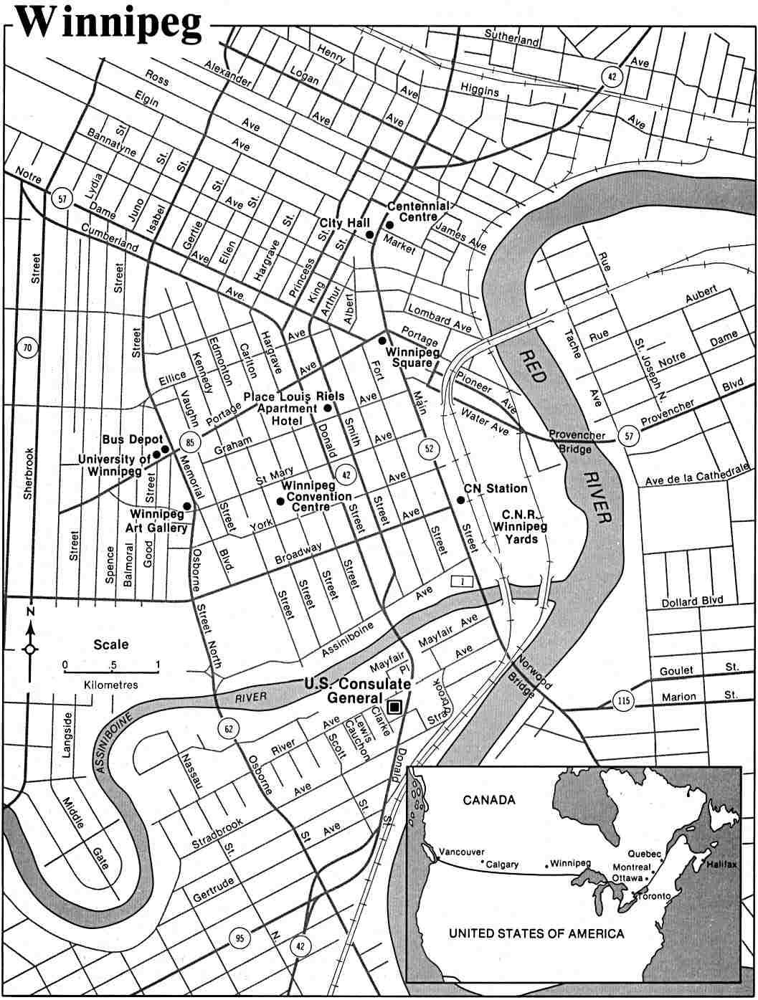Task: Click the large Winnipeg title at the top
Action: (x=109, y=23)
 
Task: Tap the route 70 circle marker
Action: (x=27, y=349)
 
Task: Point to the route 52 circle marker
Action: (x=429, y=449)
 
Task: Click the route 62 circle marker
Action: (x=228, y=729)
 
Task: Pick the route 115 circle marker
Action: (x=625, y=700)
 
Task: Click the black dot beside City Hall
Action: (x=369, y=234)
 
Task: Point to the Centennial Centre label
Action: (x=418, y=211)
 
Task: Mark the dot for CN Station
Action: (x=460, y=500)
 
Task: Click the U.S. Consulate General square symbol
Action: (x=393, y=708)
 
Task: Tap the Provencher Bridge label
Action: (x=577, y=442)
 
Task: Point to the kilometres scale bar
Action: (x=111, y=669)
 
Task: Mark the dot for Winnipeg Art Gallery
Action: (x=187, y=506)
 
